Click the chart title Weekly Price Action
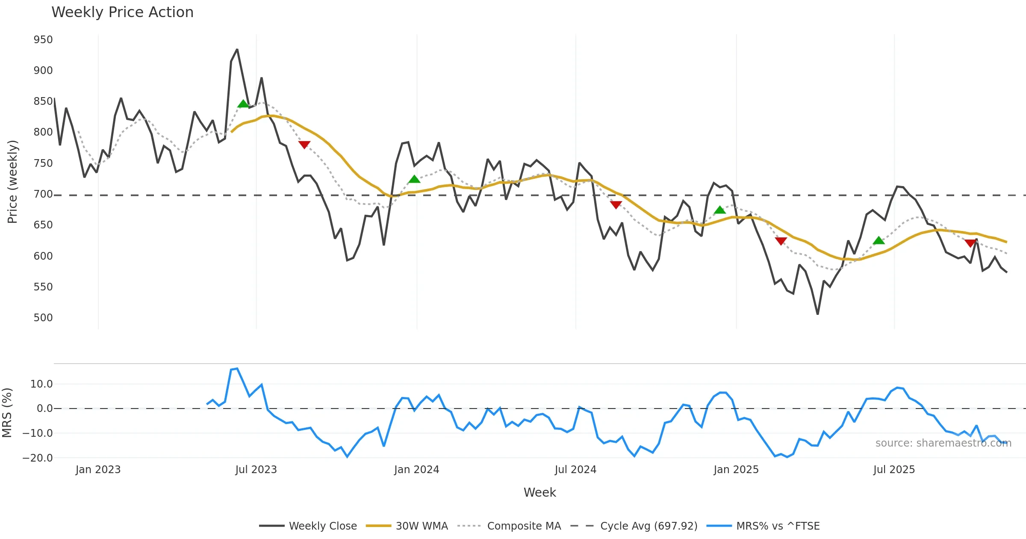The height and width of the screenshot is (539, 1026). click(x=122, y=12)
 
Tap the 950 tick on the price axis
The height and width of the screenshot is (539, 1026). click(x=43, y=40)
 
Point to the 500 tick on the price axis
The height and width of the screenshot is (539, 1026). click(x=43, y=318)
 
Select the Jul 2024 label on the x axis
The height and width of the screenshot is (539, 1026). click(x=575, y=470)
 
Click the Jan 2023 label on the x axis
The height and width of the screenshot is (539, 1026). click(x=98, y=470)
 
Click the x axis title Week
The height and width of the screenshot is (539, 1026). click(x=540, y=492)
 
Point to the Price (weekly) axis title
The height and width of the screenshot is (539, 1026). click(x=12, y=182)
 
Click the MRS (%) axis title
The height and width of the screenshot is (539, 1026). click(x=7, y=413)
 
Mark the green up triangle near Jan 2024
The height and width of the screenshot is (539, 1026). click(x=414, y=179)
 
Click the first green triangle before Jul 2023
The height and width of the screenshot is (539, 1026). click(x=243, y=104)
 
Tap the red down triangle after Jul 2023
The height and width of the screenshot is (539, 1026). click(x=304, y=145)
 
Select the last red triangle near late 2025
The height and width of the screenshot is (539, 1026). click(x=970, y=243)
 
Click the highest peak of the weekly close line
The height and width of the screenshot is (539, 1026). click(x=237, y=50)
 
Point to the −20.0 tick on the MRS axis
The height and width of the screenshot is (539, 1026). click(x=38, y=458)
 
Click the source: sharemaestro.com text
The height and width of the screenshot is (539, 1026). click(x=943, y=443)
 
